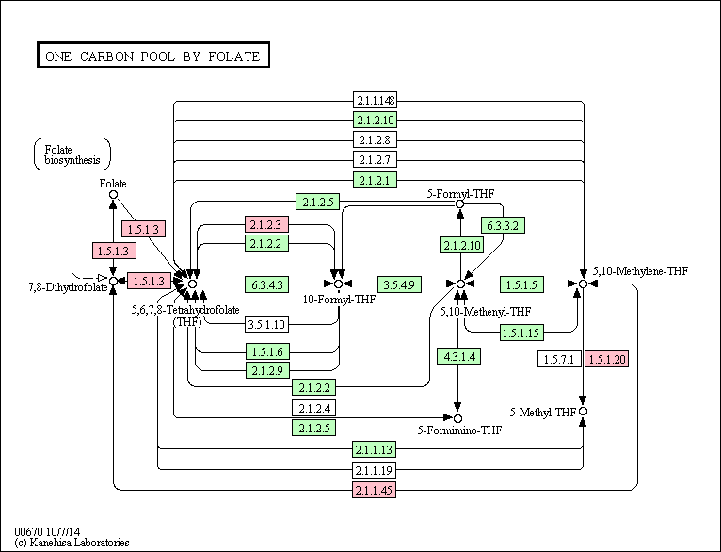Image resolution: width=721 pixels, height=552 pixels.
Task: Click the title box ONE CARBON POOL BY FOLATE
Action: pyautogui.click(x=153, y=56)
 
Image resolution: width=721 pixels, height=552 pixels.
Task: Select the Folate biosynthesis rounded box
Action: pyautogui.click(x=72, y=154)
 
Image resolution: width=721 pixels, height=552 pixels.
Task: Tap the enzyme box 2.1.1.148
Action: pyautogui.click(x=375, y=100)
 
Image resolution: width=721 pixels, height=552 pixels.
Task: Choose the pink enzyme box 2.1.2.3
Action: pyautogui.click(x=266, y=224)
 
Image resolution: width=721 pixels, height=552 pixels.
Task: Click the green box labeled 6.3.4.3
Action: pyautogui.click(x=266, y=284)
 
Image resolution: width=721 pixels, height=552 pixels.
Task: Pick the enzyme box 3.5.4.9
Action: pyautogui.click(x=399, y=284)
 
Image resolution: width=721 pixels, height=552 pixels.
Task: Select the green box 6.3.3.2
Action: pyautogui.click(x=503, y=225)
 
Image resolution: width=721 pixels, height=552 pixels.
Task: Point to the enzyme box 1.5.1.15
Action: pyautogui.click(x=521, y=333)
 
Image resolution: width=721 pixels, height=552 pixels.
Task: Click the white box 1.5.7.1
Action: pyautogui.click(x=559, y=359)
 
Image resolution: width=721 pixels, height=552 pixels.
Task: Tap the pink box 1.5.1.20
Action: pyautogui.click(x=606, y=359)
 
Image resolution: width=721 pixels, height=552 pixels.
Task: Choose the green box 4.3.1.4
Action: pyautogui.click(x=459, y=356)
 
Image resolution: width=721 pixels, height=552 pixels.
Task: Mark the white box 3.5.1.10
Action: pyautogui.click(x=266, y=324)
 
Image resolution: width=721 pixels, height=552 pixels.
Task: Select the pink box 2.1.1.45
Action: pyautogui.click(x=375, y=490)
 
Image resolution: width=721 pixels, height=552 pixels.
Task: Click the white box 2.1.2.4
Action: pyautogui.click(x=314, y=408)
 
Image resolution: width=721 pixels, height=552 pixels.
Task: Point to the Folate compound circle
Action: pyautogui.click(x=113, y=195)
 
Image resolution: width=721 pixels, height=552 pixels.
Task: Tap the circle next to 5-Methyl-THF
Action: pyautogui.click(x=583, y=412)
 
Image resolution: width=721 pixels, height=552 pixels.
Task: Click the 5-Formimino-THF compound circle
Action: pyautogui.click(x=457, y=418)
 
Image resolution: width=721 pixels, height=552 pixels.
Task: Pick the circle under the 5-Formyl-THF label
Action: pyautogui.click(x=459, y=203)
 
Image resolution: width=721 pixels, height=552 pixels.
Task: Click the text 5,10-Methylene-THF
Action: pyautogui.click(x=641, y=271)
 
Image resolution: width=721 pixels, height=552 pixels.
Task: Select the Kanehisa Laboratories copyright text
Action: pyautogui.click(x=72, y=543)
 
